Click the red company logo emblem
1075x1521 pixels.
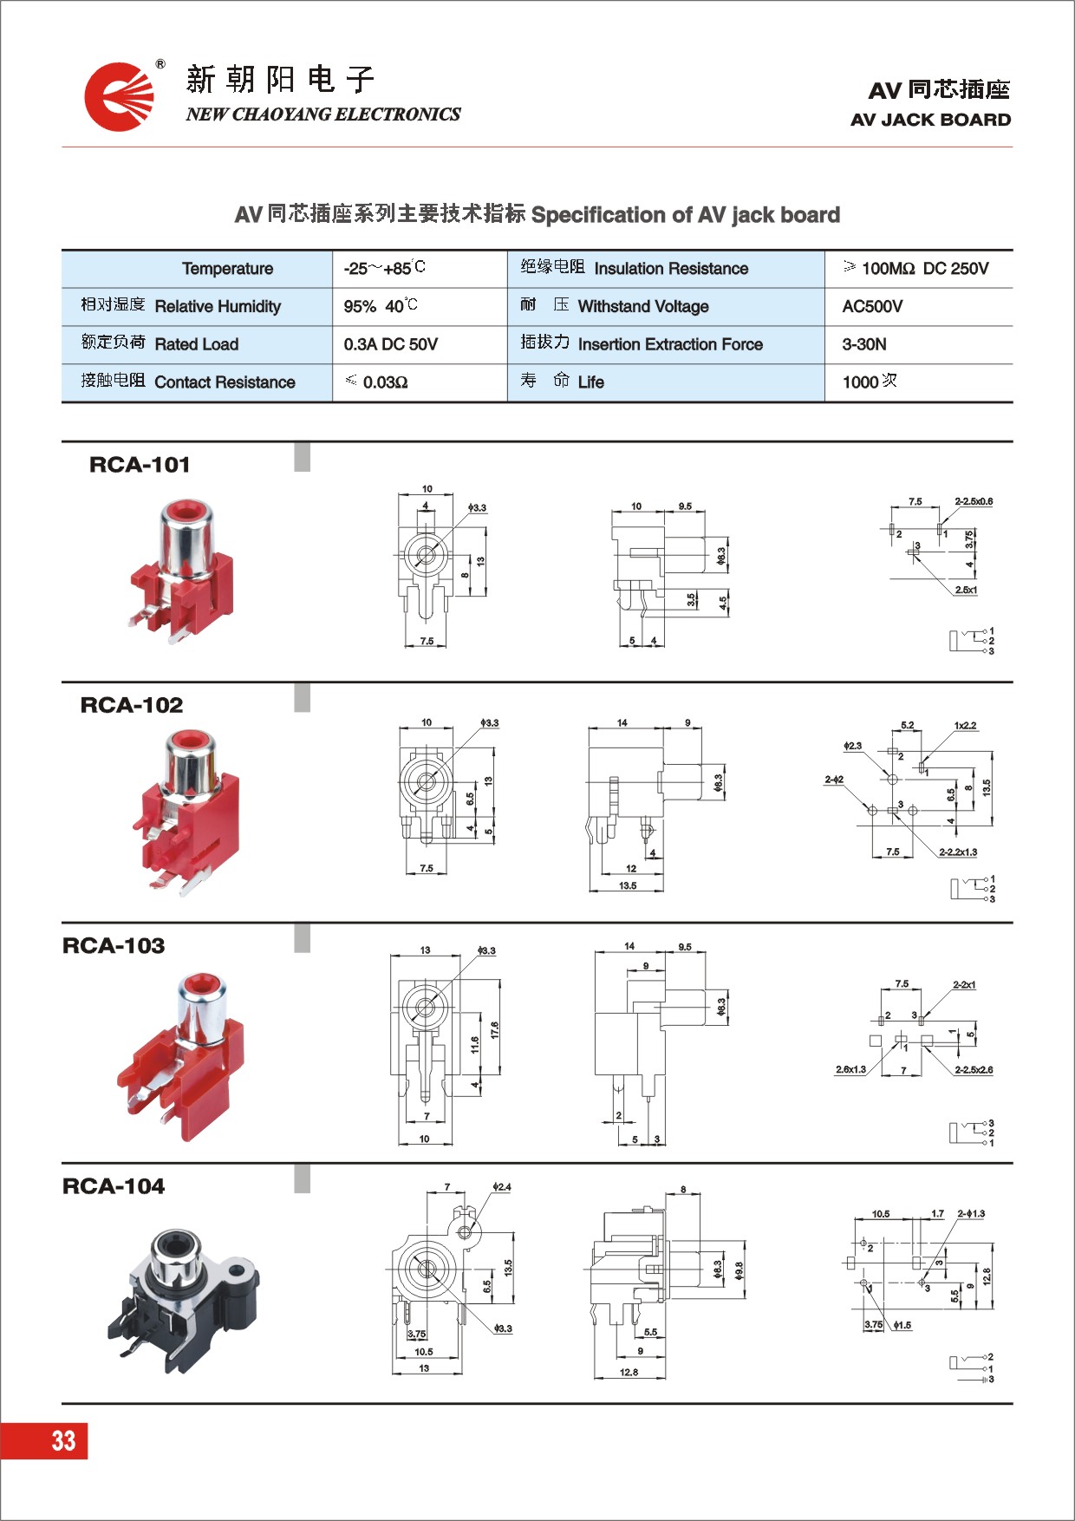[x=119, y=96]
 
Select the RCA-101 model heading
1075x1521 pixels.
[x=140, y=465]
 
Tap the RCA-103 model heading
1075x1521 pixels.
[x=114, y=946]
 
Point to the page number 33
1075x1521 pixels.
[x=63, y=1440]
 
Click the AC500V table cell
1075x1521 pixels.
[x=872, y=306]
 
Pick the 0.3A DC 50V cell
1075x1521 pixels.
[x=390, y=344]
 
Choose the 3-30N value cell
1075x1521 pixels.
[x=864, y=344]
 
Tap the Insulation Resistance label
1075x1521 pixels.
[x=670, y=269]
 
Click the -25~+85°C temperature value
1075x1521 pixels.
[x=384, y=268]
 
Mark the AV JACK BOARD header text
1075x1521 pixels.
[x=930, y=120]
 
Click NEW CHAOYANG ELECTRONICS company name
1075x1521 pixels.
[x=323, y=114]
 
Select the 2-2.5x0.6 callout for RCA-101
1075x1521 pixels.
[x=974, y=501]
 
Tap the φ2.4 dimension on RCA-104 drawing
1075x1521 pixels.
[x=502, y=1186]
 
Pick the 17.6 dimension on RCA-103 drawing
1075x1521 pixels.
[x=494, y=1030]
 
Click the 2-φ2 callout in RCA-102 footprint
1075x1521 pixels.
[x=834, y=780]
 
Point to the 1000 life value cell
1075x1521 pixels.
[x=870, y=382]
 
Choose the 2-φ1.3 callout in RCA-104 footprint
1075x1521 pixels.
[x=971, y=1214]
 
